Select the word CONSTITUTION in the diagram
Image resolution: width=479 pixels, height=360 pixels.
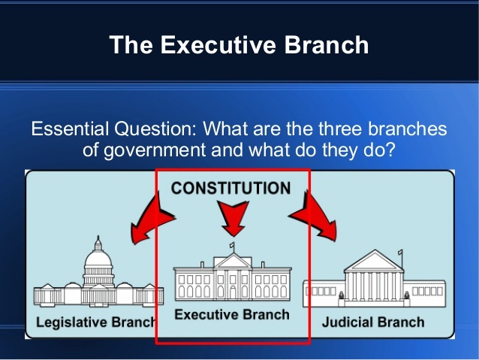(230, 188)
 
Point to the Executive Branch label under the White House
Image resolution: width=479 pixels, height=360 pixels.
(231, 314)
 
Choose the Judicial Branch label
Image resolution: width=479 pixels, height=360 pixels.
(373, 323)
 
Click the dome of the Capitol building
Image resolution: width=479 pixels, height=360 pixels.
(97, 259)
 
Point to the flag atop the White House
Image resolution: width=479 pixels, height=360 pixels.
(233, 246)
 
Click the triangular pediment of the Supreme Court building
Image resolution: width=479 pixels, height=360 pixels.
(373, 261)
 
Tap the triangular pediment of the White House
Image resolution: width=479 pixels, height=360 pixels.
(232, 261)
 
